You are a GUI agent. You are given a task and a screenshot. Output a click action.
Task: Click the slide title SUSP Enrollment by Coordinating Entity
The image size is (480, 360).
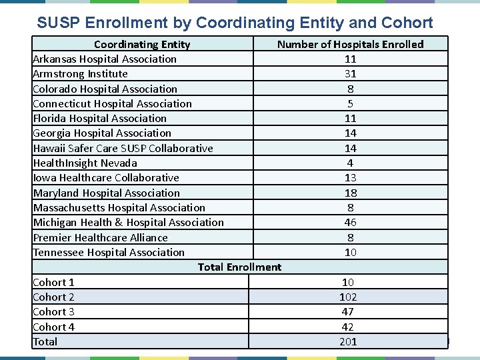click(235, 23)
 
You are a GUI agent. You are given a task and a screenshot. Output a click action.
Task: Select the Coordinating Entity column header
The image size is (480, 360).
click(141, 45)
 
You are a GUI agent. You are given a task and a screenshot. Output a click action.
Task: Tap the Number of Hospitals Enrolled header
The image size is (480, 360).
click(350, 45)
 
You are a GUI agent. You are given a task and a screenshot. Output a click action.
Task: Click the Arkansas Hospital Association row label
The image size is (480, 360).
click(105, 59)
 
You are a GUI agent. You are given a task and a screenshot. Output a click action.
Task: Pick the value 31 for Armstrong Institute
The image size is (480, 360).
click(350, 74)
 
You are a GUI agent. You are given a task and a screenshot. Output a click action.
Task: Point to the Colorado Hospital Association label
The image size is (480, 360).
click(105, 89)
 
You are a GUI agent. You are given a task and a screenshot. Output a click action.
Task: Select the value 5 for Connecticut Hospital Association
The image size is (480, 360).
click(350, 104)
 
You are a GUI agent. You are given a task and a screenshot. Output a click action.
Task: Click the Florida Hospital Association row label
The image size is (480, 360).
click(99, 119)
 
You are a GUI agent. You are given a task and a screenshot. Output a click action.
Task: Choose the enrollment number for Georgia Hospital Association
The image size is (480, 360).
click(350, 133)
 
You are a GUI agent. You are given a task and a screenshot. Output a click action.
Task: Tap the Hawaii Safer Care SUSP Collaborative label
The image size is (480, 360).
click(123, 148)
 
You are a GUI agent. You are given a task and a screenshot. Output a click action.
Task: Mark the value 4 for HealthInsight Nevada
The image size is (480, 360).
click(350, 163)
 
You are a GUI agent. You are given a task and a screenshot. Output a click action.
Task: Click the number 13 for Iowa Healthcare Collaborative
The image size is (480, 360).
click(350, 178)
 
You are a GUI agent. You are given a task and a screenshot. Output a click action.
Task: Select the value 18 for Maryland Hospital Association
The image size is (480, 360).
click(350, 193)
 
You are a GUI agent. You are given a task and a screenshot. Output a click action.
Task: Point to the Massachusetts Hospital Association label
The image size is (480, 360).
click(119, 208)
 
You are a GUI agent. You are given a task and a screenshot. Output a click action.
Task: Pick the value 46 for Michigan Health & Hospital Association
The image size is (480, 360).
click(350, 223)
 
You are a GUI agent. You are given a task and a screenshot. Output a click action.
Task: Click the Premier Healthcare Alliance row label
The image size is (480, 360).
click(100, 237)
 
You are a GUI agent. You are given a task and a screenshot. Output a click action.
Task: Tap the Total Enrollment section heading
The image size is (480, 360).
click(239, 267)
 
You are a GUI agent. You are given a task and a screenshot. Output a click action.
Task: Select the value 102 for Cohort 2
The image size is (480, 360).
click(348, 297)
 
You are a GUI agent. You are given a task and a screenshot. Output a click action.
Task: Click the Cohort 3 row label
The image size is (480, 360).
click(53, 312)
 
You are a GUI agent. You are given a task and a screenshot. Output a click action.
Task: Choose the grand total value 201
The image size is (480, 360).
click(348, 342)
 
